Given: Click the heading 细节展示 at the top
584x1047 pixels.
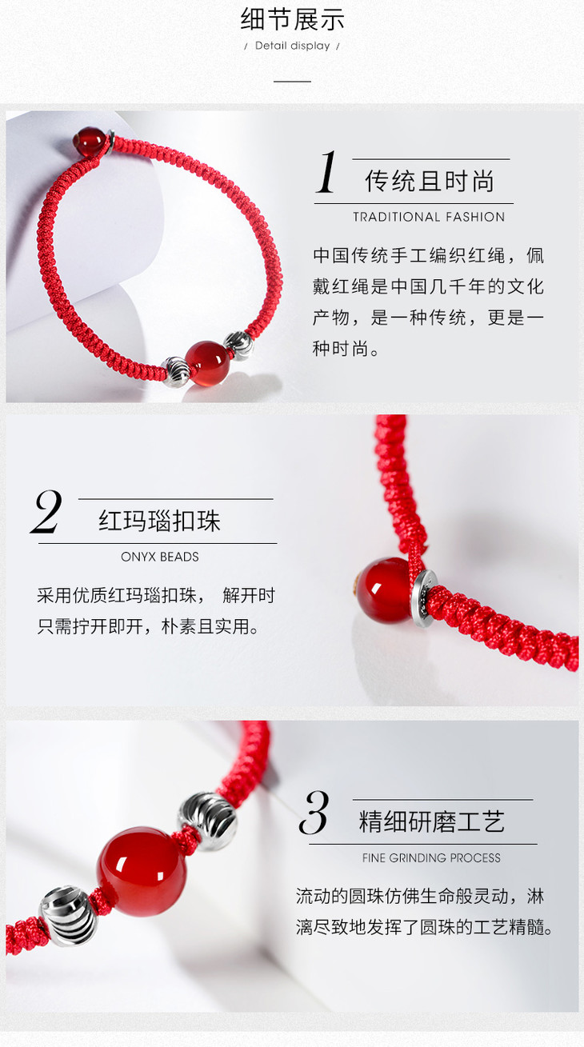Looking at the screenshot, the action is (x=292, y=20).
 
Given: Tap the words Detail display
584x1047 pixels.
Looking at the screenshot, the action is (x=292, y=46).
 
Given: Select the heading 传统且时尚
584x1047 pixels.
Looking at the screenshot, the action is (x=430, y=182).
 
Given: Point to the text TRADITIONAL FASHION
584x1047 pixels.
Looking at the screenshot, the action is (x=429, y=217).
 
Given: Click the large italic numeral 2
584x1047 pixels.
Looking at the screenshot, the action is (x=46, y=511).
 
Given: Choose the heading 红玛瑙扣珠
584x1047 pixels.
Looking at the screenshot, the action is (x=159, y=522).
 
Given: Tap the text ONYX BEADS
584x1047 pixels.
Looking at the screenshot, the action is (x=159, y=557).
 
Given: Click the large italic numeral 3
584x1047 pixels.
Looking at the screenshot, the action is (x=314, y=813).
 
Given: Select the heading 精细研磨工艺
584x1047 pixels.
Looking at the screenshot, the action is (x=431, y=822).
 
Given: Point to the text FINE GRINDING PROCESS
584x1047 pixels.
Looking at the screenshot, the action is (x=431, y=857).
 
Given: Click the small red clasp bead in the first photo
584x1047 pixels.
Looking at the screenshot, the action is (x=89, y=139).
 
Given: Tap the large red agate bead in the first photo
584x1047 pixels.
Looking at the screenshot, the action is (x=208, y=364).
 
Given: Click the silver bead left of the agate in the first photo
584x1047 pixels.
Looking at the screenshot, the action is (x=176, y=371).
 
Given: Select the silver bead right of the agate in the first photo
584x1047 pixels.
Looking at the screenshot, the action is (x=239, y=346).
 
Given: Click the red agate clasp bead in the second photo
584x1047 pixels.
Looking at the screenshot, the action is (x=386, y=591).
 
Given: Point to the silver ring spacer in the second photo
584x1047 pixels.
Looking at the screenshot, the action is (x=424, y=597).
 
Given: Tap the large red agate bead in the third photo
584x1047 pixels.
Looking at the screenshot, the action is (x=142, y=871).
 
